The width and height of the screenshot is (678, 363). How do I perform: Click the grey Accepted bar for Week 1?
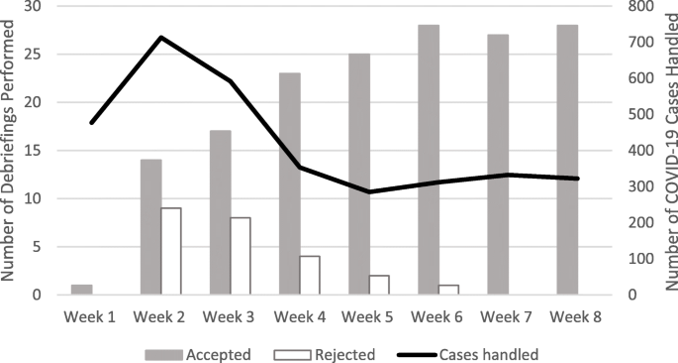[81, 290]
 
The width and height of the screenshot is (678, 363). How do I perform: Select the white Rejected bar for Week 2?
[170, 251]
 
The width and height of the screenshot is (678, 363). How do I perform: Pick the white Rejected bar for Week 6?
[448, 290]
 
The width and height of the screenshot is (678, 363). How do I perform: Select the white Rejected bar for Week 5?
[379, 285]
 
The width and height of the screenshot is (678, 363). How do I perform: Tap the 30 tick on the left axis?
[36, 6]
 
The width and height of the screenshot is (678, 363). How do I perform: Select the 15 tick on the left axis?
[36, 150]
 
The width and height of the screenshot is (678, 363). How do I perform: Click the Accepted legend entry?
[198, 352]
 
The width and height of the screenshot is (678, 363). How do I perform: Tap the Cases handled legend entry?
[455, 352]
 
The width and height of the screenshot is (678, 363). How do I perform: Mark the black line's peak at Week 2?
[160, 38]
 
